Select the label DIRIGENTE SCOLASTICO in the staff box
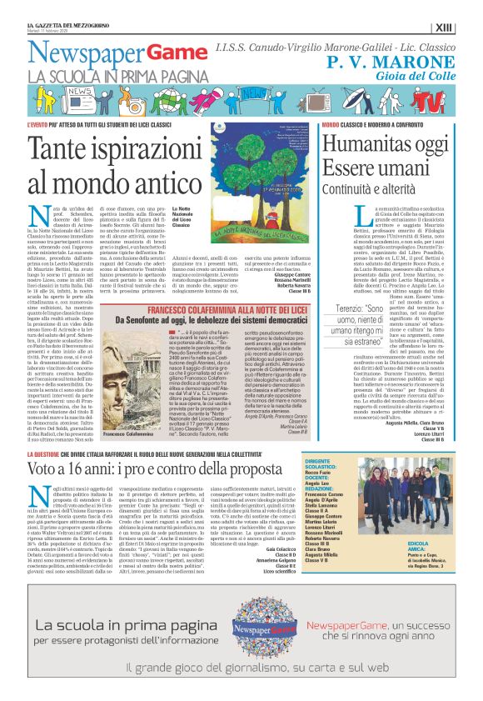(323, 462)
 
